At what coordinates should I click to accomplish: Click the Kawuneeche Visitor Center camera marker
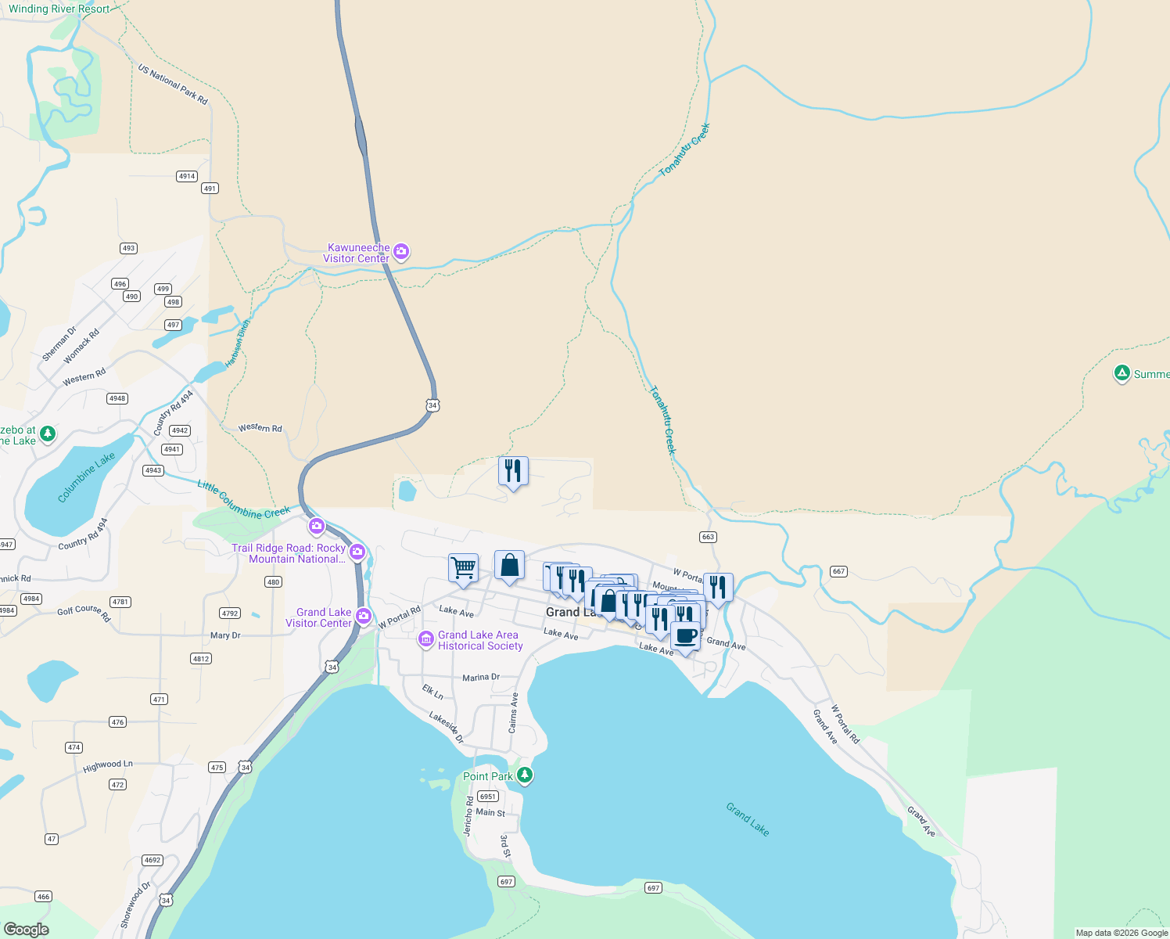pos(401,251)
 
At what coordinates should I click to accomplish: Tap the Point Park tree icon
pos(525,775)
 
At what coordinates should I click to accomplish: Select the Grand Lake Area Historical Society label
pos(479,640)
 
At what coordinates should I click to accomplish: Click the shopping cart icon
pos(463,567)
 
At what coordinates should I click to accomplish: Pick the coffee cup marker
pos(685,636)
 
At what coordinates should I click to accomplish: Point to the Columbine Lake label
pos(86,477)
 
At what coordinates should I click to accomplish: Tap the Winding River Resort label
pos(59,9)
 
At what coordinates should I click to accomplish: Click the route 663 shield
pos(708,537)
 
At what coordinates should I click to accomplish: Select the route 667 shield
pos(838,571)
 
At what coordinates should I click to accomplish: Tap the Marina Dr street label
pos(480,677)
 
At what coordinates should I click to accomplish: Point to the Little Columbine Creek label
pos(243,500)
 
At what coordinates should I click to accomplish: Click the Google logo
pos(26,929)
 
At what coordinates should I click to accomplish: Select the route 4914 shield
pos(186,176)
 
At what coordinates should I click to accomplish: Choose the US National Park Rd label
pos(173,85)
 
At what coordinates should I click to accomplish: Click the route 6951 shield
pos(488,796)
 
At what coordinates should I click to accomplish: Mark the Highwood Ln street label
pos(108,765)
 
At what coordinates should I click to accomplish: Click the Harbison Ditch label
pos(238,344)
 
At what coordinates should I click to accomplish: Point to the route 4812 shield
pos(201,658)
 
